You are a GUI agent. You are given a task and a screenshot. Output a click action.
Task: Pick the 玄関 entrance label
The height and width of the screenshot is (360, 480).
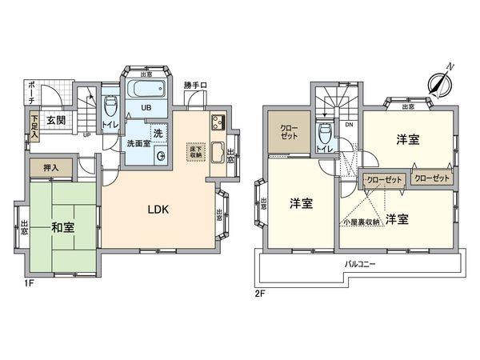(55, 121)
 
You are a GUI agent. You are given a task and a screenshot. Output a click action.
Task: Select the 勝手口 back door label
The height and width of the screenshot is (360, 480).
(194, 85)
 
